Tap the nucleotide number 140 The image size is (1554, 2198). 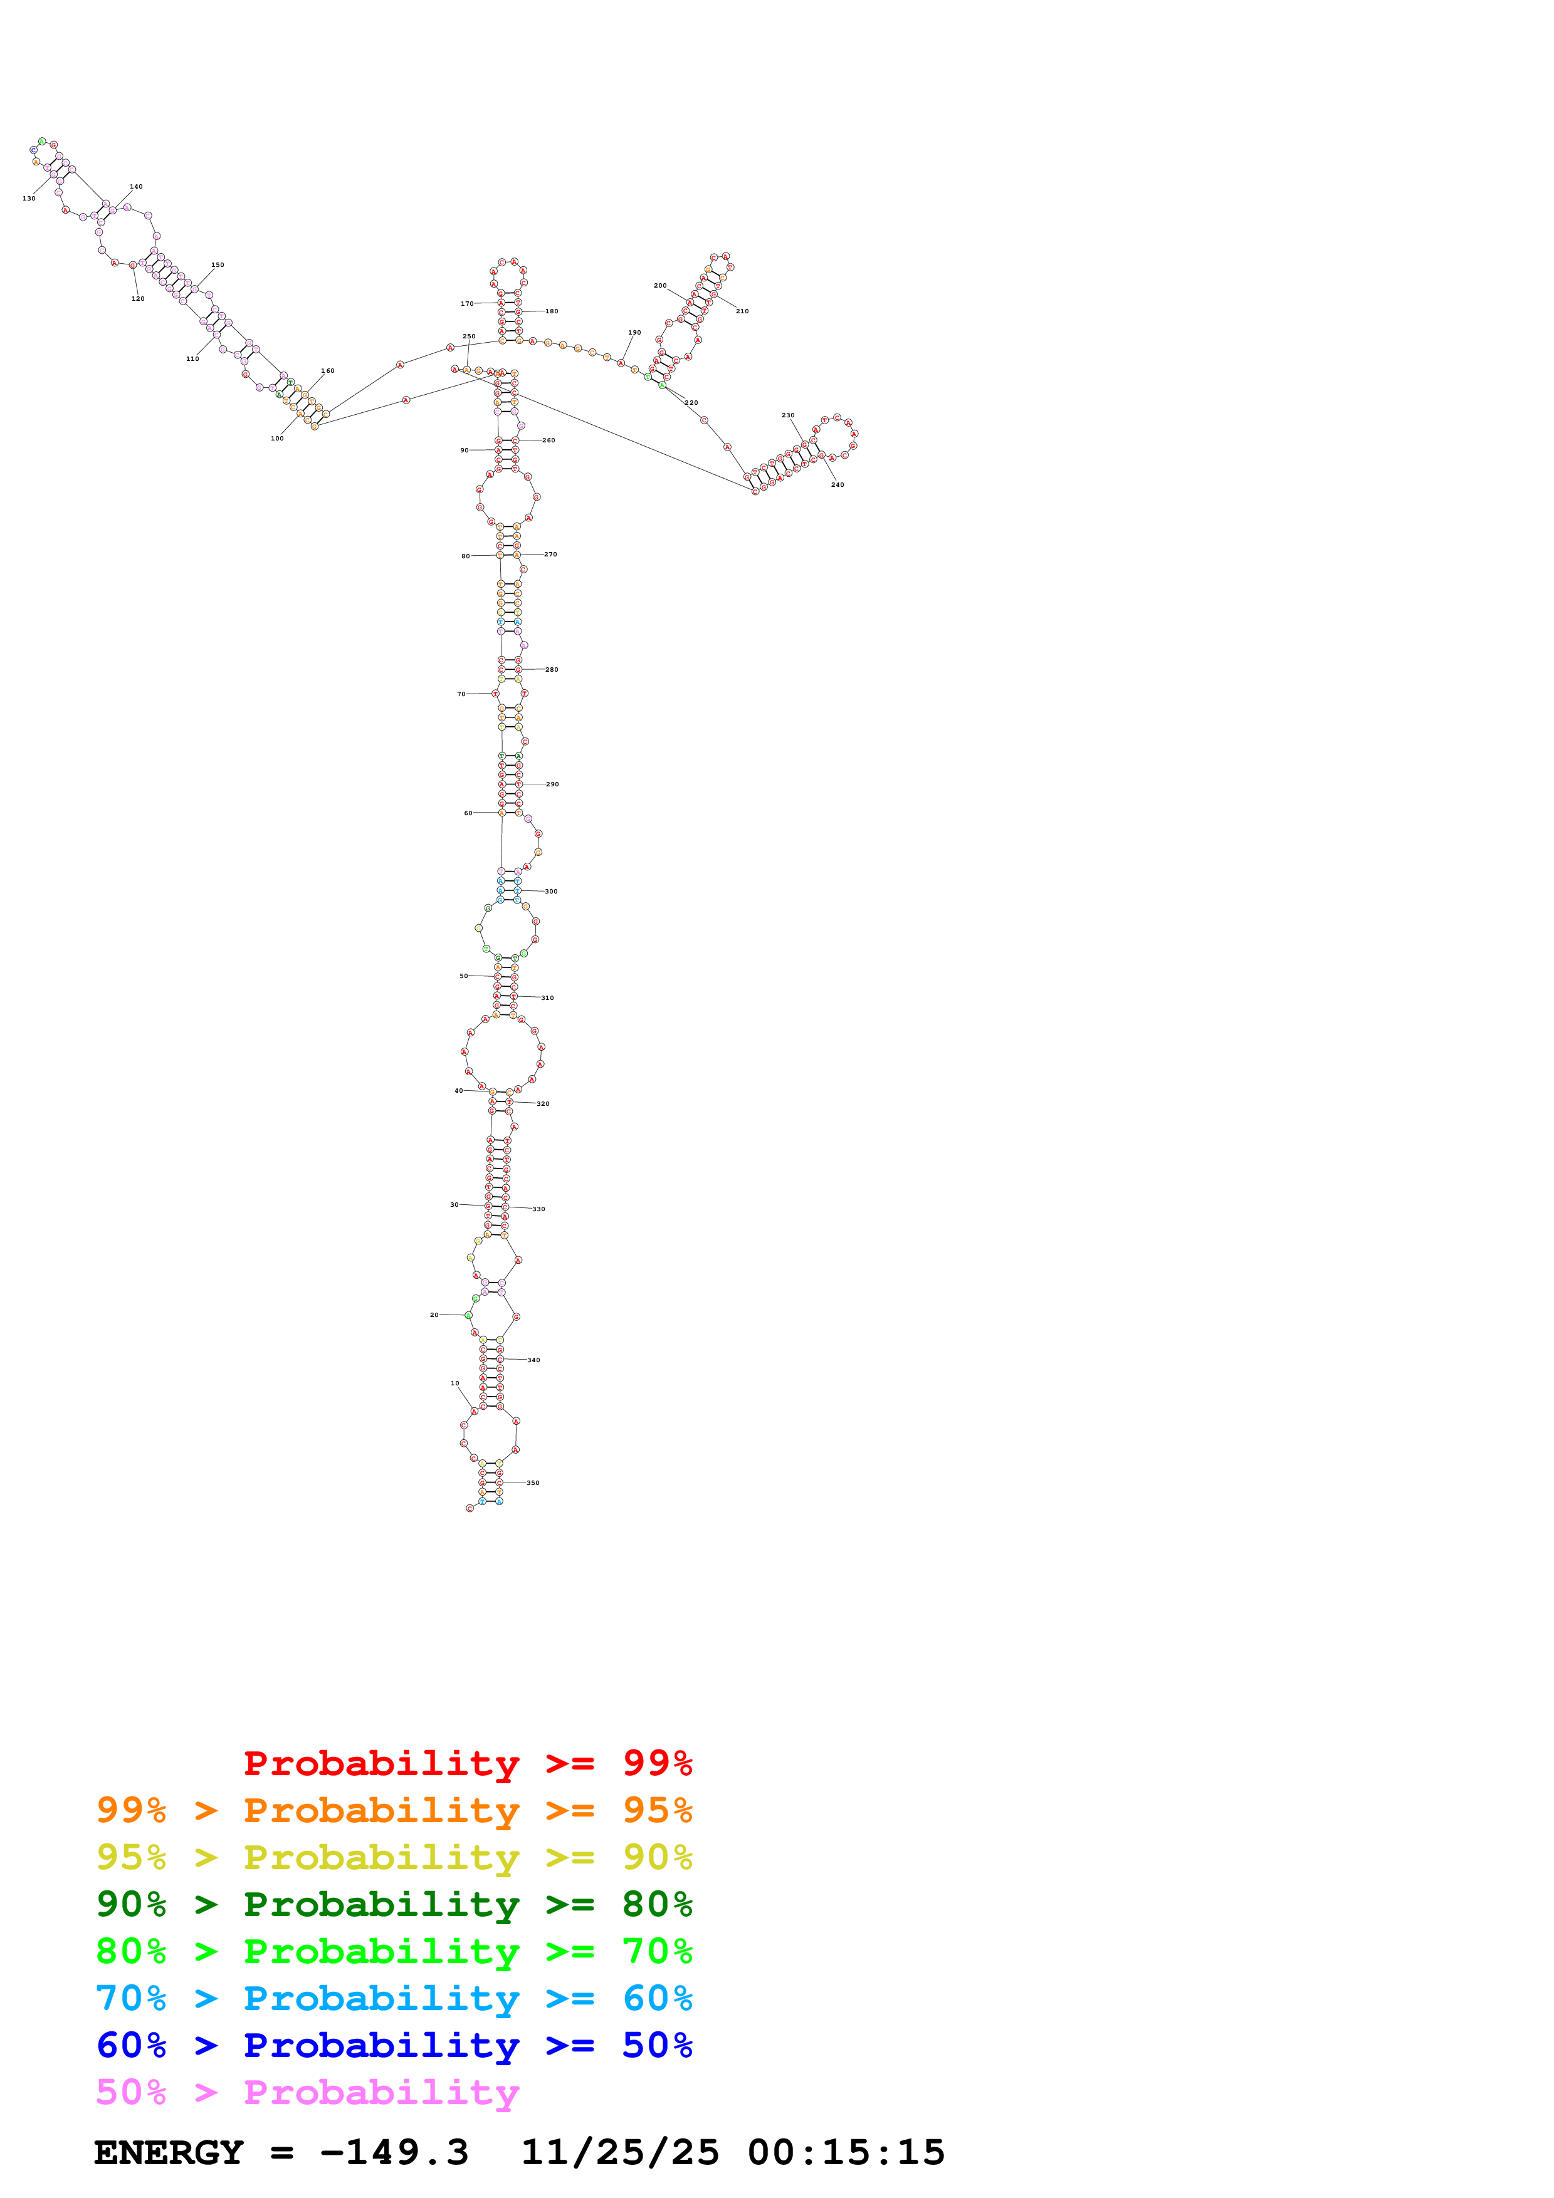point(136,187)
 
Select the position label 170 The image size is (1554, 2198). point(466,303)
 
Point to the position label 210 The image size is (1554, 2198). point(742,311)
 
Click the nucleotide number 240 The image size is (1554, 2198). point(837,484)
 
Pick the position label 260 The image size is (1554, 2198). point(549,440)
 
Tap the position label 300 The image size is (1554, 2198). point(550,891)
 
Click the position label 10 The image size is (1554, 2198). point(455,1383)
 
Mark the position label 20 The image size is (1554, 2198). point(434,1315)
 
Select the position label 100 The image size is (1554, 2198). point(276,439)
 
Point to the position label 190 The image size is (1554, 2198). point(634,333)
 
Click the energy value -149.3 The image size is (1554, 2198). point(394,2153)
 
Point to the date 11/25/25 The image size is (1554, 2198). point(619,2153)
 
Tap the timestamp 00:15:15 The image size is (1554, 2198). point(846,2153)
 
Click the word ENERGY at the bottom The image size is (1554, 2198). point(169,2153)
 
